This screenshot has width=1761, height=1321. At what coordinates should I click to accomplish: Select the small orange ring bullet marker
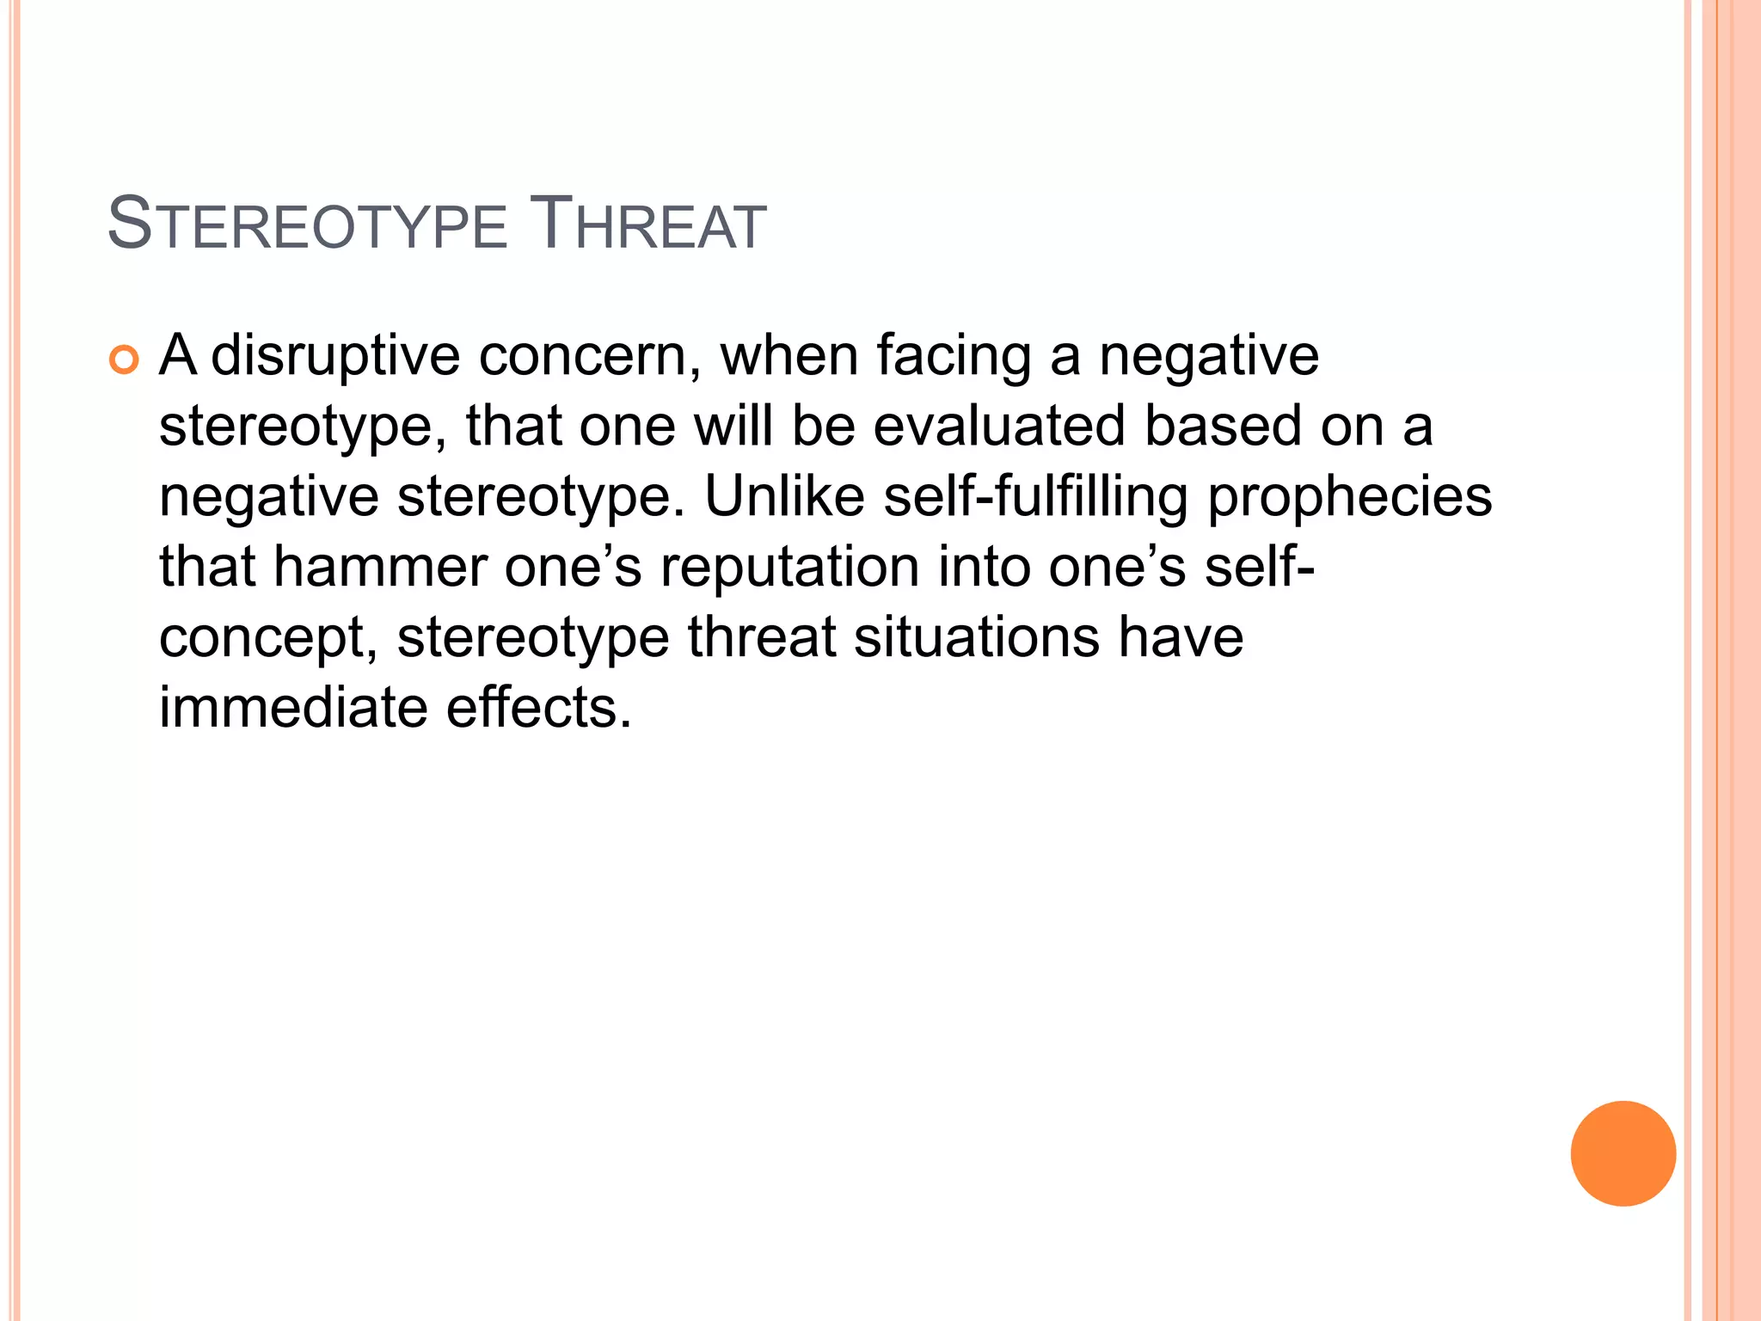(x=124, y=360)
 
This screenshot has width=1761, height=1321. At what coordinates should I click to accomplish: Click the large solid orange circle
(x=1623, y=1153)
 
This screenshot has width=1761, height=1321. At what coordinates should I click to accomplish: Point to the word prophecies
(x=1349, y=496)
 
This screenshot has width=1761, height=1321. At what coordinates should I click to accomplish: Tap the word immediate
(x=293, y=708)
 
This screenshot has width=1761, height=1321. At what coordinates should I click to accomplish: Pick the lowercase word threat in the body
(x=762, y=637)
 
